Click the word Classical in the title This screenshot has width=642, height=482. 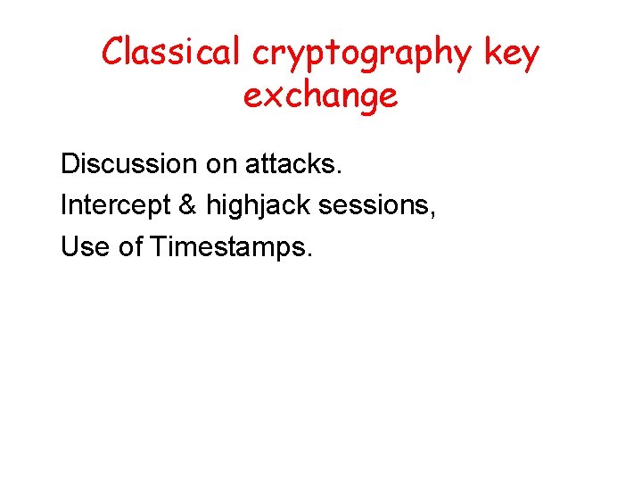172,53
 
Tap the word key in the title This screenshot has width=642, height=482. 513,54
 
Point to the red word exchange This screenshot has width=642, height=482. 320,96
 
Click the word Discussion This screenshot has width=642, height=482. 128,164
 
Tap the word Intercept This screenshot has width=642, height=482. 114,205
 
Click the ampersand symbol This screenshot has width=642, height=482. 187,205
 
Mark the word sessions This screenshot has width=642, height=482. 374,205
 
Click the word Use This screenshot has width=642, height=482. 85,246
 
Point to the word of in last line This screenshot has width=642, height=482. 131,246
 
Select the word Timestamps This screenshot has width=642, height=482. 228,247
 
